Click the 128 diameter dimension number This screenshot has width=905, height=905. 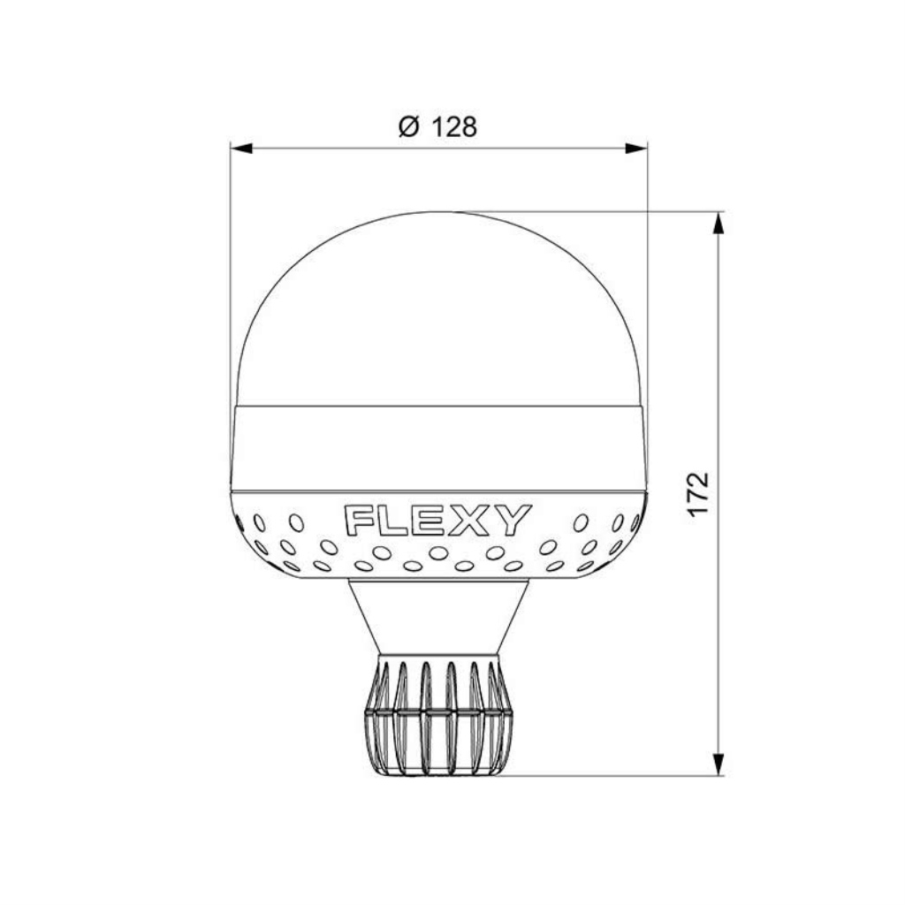tap(455, 127)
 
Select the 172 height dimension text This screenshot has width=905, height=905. tap(698, 495)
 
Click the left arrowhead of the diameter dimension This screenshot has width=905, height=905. tap(241, 148)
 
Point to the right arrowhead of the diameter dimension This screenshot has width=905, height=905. tap(636, 148)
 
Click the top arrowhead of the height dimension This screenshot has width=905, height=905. tap(719, 223)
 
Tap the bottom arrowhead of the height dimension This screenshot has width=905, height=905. tap(719, 764)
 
